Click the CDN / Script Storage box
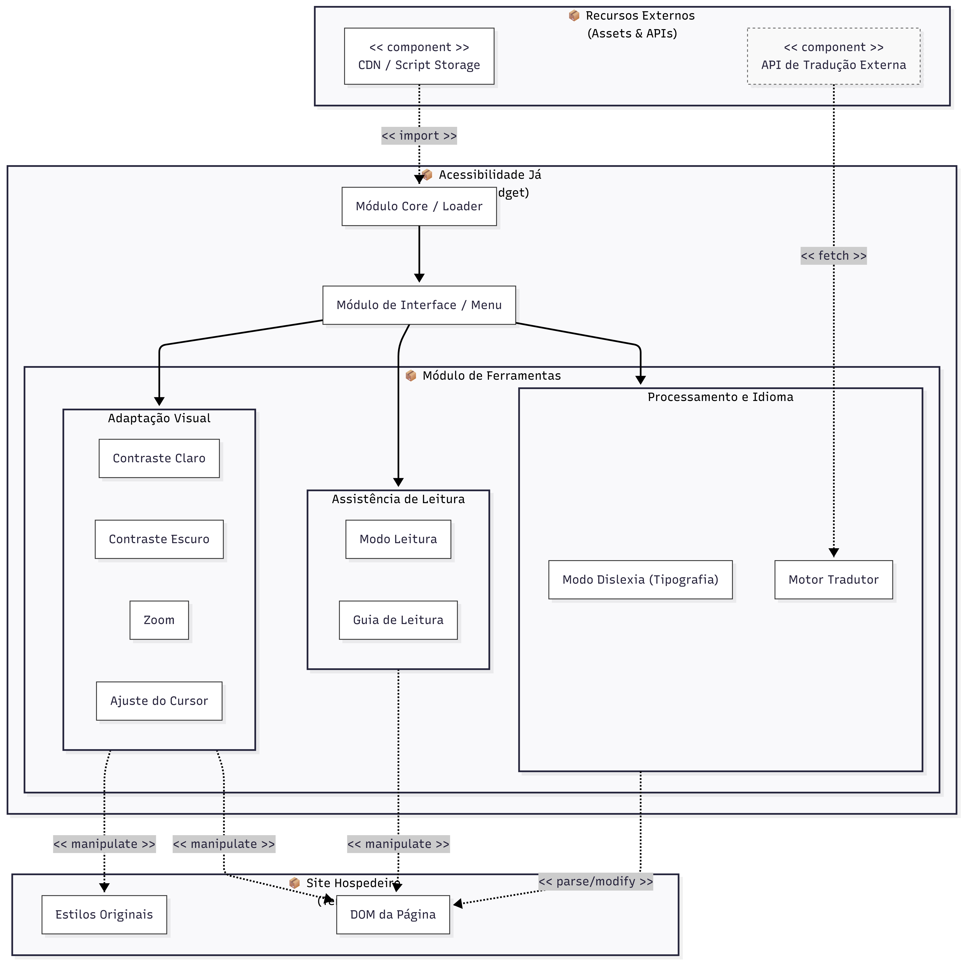(x=419, y=56)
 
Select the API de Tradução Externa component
(x=833, y=56)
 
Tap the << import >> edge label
(x=419, y=136)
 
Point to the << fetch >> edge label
(x=833, y=256)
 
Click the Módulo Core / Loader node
(x=419, y=207)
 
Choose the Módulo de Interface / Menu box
(x=419, y=305)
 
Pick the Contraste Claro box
(x=159, y=458)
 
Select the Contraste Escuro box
(x=159, y=539)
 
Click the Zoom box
(x=159, y=620)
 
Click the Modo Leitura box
(x=398, y=539)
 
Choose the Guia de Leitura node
(x=398, y=620)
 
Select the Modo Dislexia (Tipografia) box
(x=640, y=579)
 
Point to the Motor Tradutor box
(x=833, y=579)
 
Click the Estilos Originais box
(x=104, y=915)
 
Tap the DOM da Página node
(x=393, y=915)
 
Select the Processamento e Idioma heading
(x=720, y=397)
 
